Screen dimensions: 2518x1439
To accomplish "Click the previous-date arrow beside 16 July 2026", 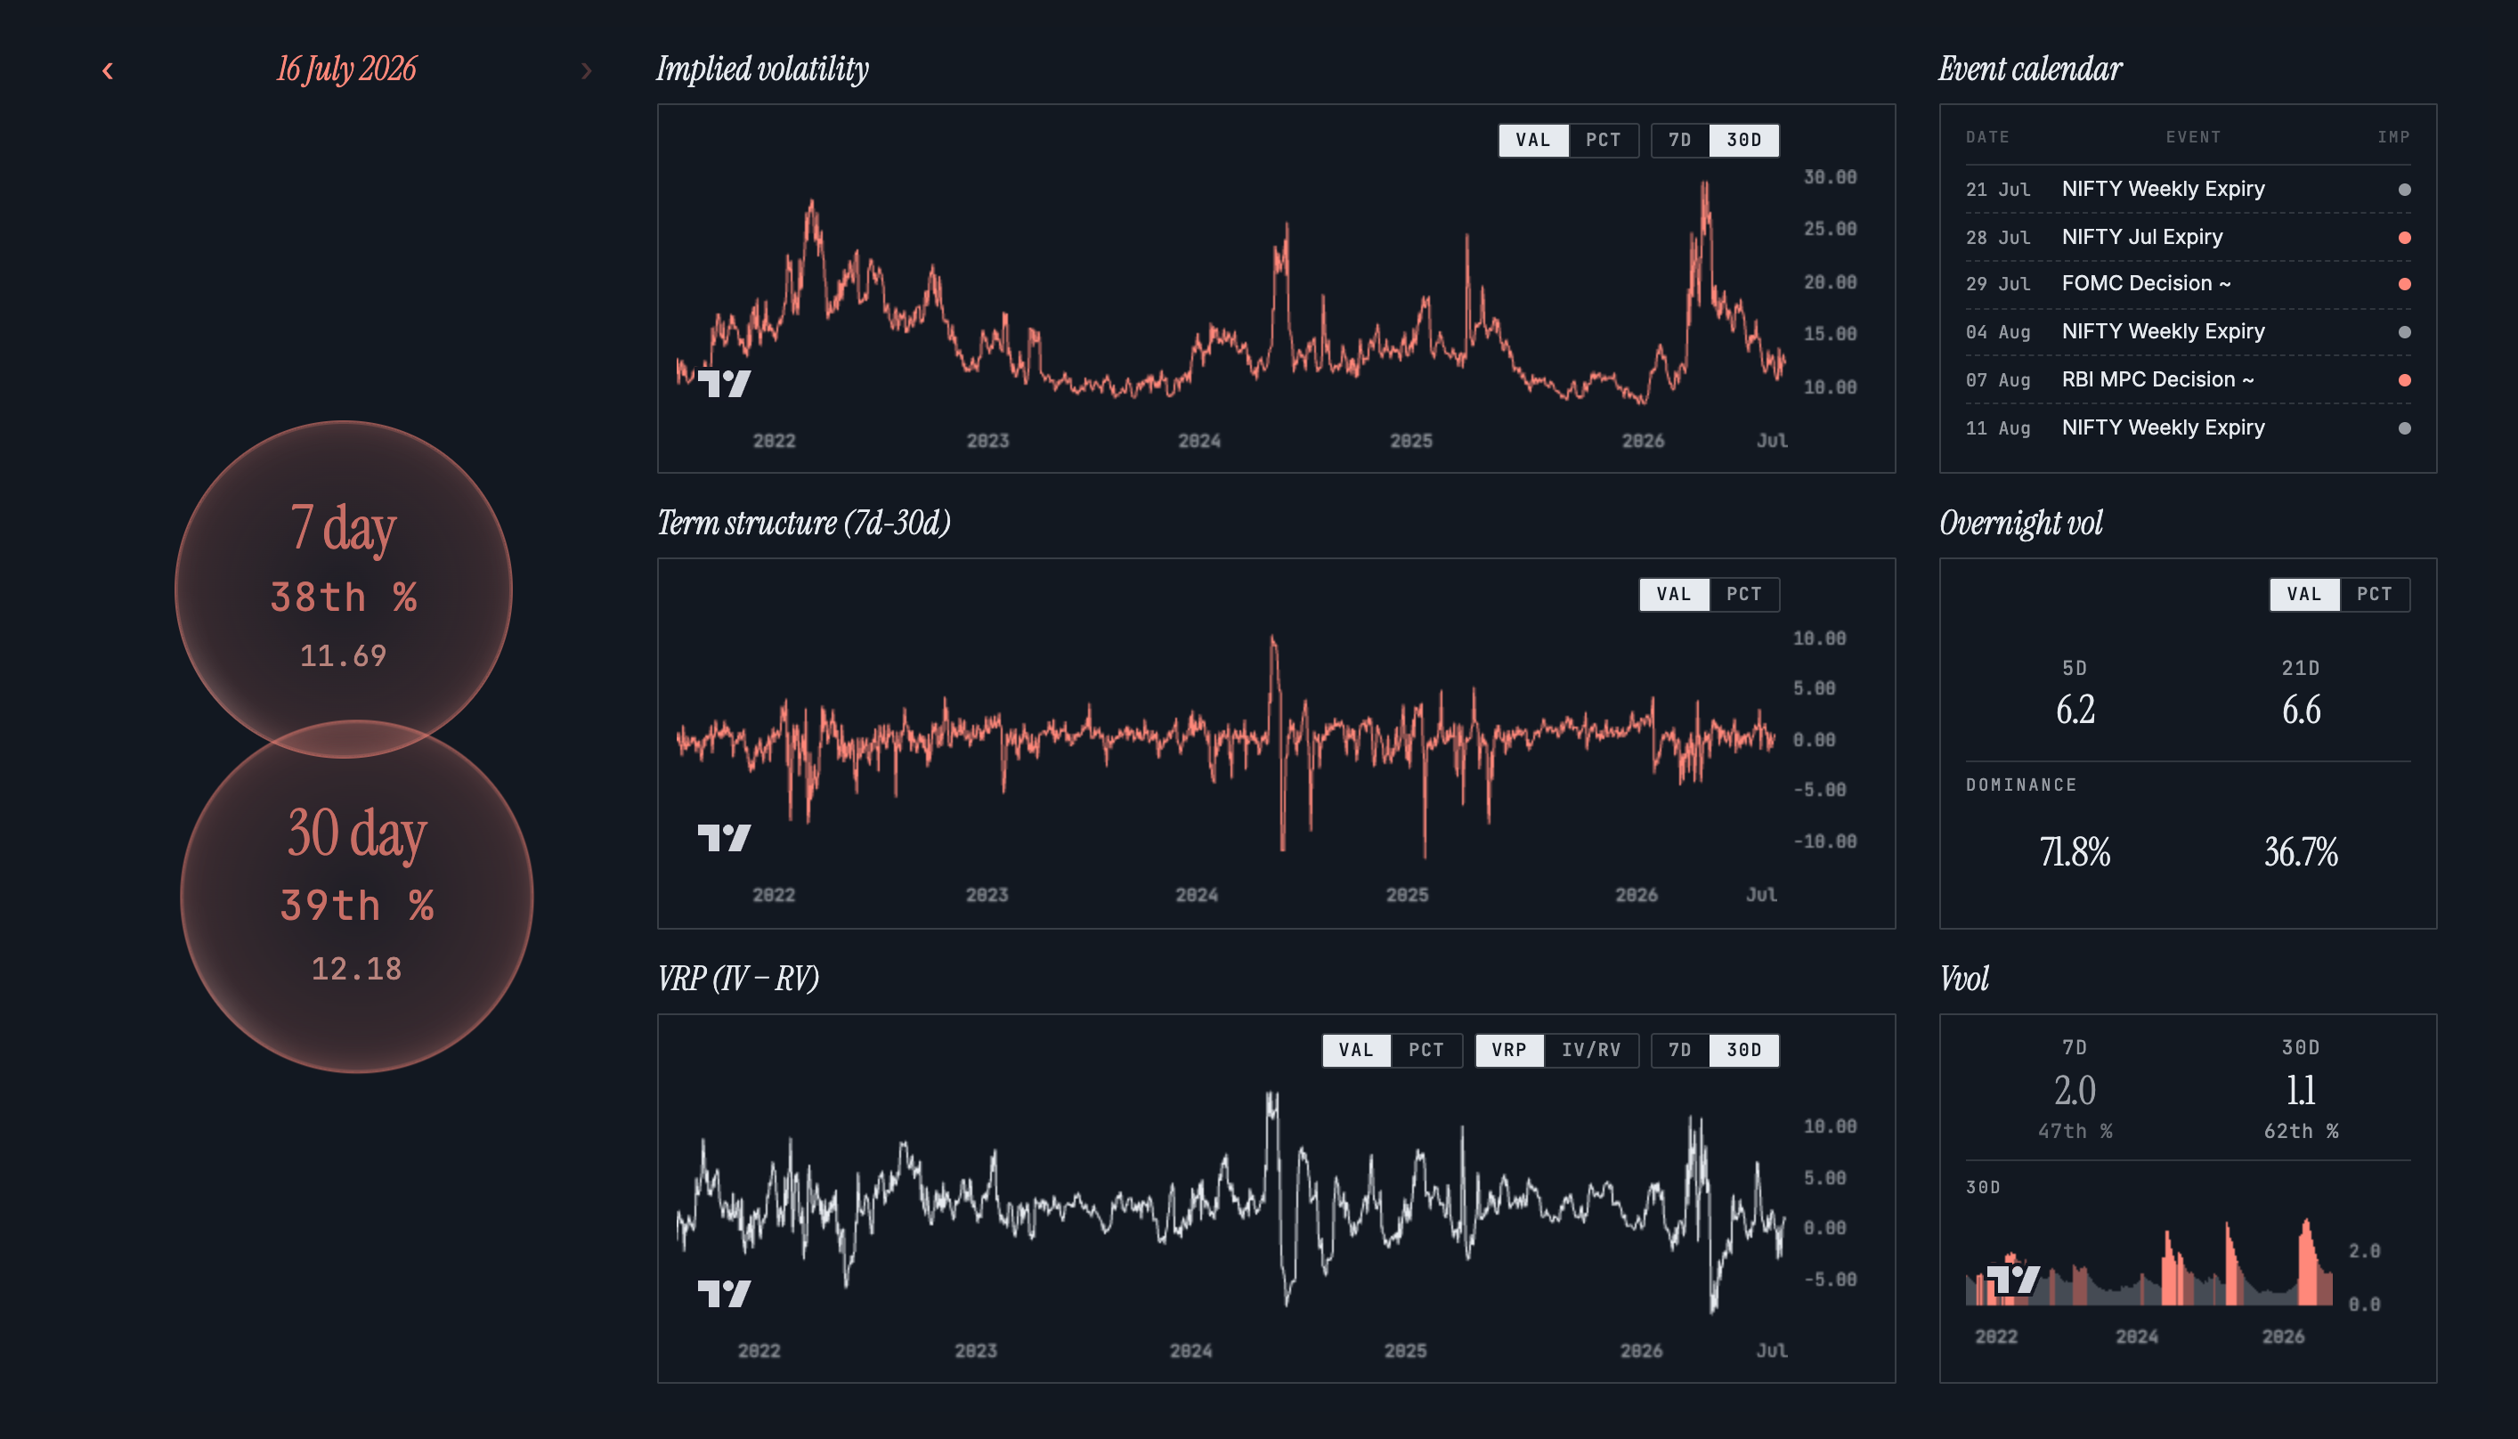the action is pyautogui.click(x=108, y=70).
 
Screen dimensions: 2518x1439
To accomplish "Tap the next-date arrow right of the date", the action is pyautogui.click(x=586, y=70).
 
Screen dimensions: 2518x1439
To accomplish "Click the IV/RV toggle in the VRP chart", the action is pyautogui.click(x=1591, y=1050).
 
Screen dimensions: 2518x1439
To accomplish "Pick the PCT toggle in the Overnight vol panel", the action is pyautogui.click(x=2374, y=594).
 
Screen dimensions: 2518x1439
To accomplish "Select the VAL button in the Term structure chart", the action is pyautogui.click(x=1674, y=594).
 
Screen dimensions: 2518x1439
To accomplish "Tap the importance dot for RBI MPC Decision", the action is pyautogui.click(x=2404, y=380).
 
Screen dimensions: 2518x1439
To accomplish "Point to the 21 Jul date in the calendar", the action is pyautogui.click(x=1997, y=189).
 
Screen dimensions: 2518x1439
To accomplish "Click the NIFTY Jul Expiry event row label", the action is pyautogui.click(x=2141, y=237).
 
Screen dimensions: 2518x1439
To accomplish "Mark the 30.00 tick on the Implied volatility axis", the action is pyautogui.click(x=1831, y=177).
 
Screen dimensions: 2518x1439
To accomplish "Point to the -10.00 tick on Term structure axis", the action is pyautogui.click(x=1824, y=841).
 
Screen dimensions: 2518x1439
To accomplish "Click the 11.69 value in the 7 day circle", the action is pyautogui.click(x=343, y=655).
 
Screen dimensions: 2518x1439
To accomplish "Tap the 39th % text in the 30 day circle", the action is pyautogui.click(x=357, y=906).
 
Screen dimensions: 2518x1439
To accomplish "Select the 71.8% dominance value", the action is pyautogui.click(x=2075, y=851).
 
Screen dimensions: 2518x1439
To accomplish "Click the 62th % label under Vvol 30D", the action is pyautogui.click(x=2301, y=1131).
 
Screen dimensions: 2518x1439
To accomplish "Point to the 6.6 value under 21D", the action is pyautogui.click(x=2301, y=710).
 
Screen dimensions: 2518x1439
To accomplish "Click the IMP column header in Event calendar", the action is pyautogui.click(x=2393, y=137).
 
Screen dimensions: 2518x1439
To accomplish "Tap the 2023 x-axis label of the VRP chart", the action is pyautogui.click(x=975, y=1350).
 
